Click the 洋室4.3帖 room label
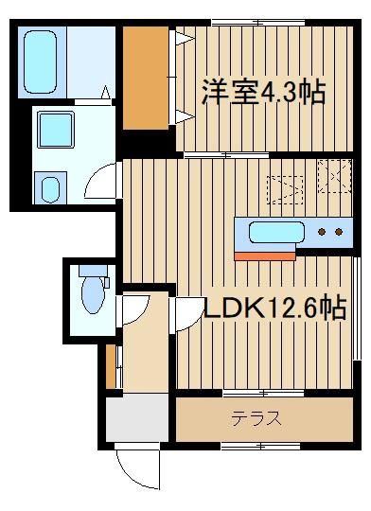(263, 92)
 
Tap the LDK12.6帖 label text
(275, 308)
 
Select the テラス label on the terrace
(256, 419)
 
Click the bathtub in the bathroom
(40, 62)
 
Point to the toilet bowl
(94, 295)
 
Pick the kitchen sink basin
(276, 233)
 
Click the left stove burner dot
(322, 232)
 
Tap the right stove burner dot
(339, 232)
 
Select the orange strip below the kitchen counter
(265, 256)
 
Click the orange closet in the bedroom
(146, 79)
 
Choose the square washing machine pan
(56, 130)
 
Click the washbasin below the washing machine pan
(50, 189)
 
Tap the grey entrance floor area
(137, 417)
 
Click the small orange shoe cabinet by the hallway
(111, 366)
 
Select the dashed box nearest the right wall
(335, 176)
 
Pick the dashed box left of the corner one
(285, 190)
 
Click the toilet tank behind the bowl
(93, 271)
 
